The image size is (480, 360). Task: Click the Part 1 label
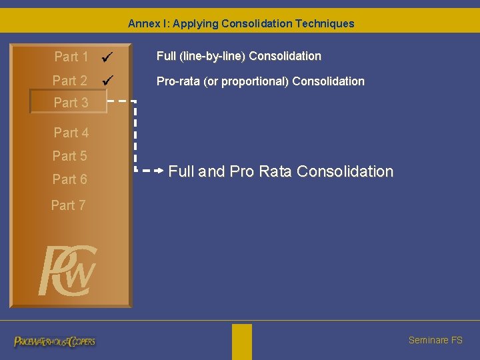click(71, 57)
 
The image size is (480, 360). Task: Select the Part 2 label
click(70, 81)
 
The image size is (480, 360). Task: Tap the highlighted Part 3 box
click(68, 103)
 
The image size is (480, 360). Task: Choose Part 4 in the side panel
click(71, 133)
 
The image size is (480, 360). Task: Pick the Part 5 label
click(69, 156)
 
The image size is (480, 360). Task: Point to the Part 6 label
click(69, 179)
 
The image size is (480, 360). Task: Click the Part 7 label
click(68, 205)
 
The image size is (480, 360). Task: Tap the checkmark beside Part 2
click(107, 81)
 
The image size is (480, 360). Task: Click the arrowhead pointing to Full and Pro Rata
click(160, 171)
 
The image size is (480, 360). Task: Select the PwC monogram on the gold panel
click(68, 271)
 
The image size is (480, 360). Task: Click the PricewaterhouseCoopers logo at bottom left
click(55, 341)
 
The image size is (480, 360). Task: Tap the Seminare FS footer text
click(435, 340)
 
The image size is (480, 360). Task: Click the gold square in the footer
click(242, 341)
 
